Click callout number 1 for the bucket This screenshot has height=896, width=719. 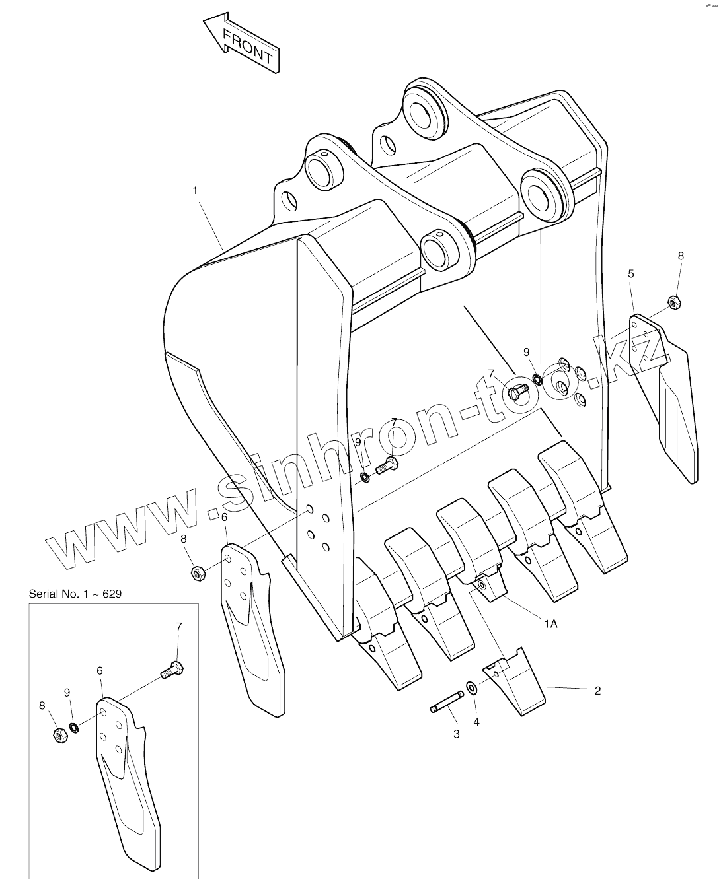195,190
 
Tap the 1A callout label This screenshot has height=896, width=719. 550,623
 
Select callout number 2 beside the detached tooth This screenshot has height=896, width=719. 597,691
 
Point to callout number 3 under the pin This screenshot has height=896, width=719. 456,734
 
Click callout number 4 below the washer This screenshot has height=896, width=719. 476,722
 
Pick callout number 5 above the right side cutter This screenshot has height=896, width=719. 631,273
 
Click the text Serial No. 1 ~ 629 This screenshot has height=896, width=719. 75,593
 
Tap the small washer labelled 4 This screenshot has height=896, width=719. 471,688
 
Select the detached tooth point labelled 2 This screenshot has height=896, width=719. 514,683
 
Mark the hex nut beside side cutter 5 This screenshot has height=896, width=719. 675,302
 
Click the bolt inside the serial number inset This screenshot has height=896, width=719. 171,670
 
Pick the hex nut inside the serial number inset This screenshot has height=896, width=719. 58,736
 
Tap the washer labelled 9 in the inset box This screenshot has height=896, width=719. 74,728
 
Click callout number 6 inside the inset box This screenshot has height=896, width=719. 100,670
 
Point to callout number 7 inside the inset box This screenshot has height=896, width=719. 178,626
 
